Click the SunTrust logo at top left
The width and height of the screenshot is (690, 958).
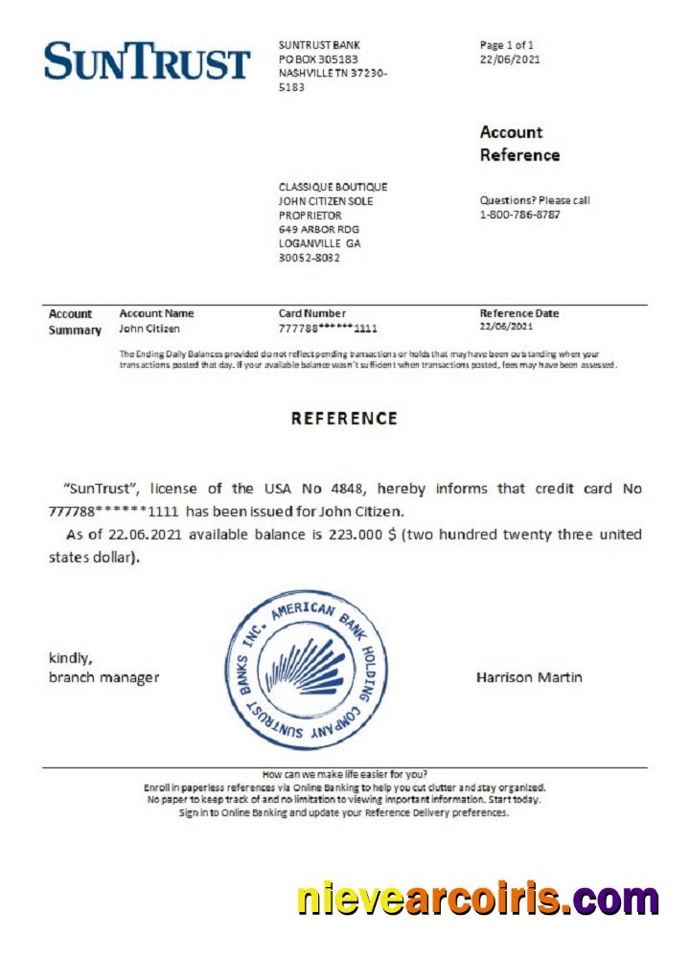tap(147, 61)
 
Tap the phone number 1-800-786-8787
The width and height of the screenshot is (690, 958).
tap(519, 215)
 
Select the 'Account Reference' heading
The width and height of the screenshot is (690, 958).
tap(519, 144)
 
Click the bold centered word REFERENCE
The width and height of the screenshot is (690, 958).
tap(344, 419)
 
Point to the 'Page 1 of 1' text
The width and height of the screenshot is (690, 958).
tap(506, 45)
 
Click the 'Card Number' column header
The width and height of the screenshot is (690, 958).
tap(311, 313)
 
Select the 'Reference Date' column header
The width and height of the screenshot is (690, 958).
tap(518, 313)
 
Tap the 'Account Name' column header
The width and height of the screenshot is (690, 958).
tap(156, 313)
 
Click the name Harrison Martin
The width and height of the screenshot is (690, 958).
tap(528, 677)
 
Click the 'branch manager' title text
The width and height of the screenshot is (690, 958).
tap(103, 677)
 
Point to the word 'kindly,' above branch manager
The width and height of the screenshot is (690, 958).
tap(70, 658)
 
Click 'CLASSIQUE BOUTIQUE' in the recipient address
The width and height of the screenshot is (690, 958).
tap(333, 187)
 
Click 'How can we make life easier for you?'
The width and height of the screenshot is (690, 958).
tap(344, 774)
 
